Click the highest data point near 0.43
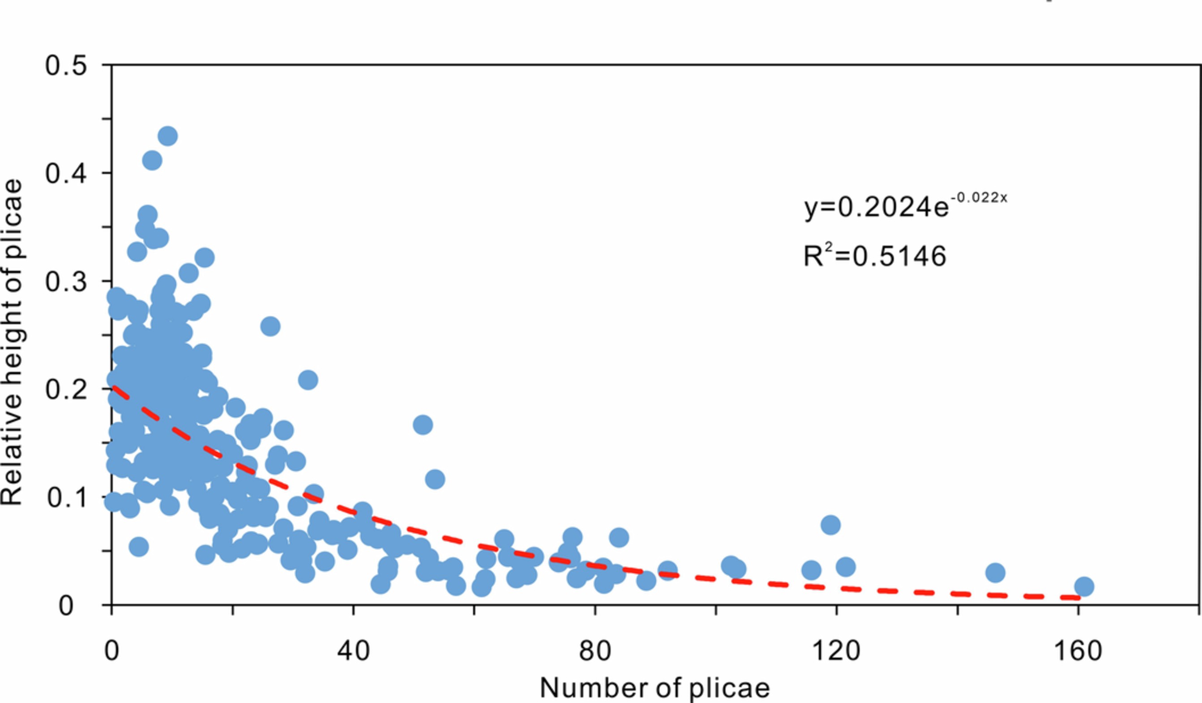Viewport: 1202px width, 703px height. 167,136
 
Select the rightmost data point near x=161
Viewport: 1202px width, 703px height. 1084,586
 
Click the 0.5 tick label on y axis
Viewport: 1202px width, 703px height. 66,65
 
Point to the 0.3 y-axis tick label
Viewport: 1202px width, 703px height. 66,281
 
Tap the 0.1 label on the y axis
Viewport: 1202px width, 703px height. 67,497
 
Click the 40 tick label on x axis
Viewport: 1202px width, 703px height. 354,650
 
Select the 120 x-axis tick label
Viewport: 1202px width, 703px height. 836,650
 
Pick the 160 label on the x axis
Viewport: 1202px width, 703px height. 1078,650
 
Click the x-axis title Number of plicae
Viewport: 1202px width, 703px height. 654,688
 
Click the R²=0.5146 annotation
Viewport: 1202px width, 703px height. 874,256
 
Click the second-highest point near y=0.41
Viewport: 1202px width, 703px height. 152,160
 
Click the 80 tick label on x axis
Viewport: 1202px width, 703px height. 595,650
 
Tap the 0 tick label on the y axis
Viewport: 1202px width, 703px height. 66,606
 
